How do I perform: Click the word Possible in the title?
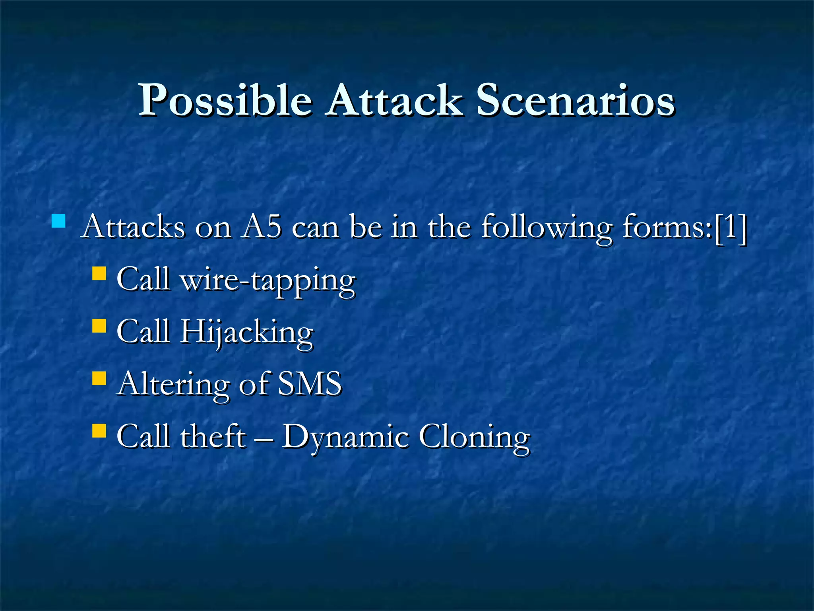(x=225, y=100)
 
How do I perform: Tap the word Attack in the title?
(x=393, y=100)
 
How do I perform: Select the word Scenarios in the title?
(x=575, y=100)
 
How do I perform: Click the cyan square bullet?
(x=58, y=221)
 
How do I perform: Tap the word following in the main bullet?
(x=546, y=228)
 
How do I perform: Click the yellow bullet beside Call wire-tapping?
(x=99, y=274)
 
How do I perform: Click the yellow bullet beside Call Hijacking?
(x=99, y=326)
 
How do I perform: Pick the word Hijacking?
(x=246, y=333)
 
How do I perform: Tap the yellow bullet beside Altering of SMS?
(x=99, y=378)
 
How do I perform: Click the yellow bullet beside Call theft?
(x=99, y=430)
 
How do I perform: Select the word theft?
(x=213, y=436)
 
